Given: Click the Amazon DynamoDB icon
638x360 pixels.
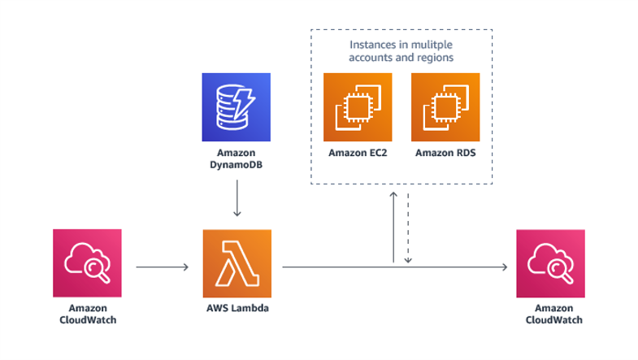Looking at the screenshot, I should tap(236, 107).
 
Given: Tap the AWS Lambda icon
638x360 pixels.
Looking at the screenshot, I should tap(237, 263).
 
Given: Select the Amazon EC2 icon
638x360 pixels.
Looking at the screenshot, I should tap(358, 107).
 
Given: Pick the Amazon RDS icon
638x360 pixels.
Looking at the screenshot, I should tap(445, 107).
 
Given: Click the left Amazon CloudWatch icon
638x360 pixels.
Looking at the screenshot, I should tap(87, 263).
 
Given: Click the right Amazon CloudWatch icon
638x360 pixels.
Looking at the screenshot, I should tap(550, 263).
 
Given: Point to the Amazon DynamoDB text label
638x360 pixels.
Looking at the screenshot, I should tap(236, 158).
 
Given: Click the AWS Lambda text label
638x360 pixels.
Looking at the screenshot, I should tap(237, 310).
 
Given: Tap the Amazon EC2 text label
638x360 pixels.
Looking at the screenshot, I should tap(358, 152).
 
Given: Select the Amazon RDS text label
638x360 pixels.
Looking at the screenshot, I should tap(445, 152).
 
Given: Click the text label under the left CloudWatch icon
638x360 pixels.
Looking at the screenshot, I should tap(87, 314).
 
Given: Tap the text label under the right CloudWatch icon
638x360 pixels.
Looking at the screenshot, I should tap(550, 314).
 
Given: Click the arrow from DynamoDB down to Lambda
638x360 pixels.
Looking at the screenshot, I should tap(237, 198).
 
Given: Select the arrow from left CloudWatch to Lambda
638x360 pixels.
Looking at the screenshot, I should tap(162, 266).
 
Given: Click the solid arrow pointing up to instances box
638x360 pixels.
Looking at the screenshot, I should tap(393, 228).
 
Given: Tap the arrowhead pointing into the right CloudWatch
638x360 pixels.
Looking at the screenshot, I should tap(504, 266).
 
